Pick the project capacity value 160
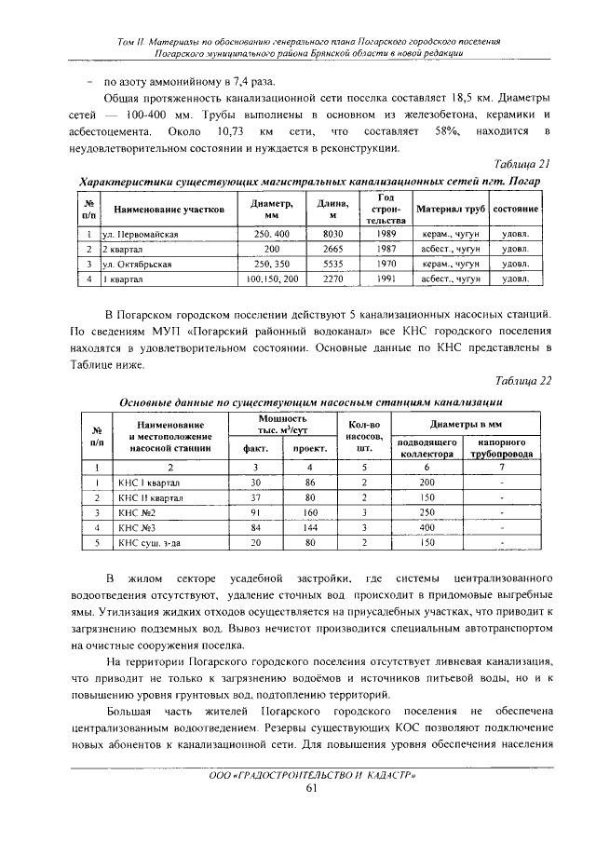pos(309,511)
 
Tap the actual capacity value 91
pos(255,511)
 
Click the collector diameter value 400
pos(427,526)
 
